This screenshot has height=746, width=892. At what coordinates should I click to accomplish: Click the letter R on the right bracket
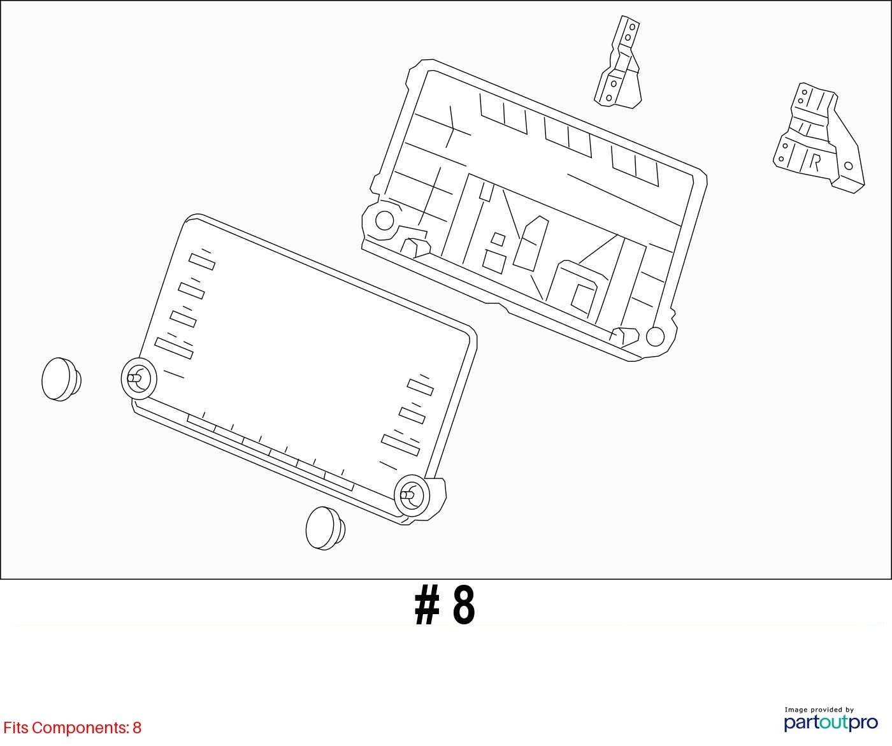[x=815, y=163]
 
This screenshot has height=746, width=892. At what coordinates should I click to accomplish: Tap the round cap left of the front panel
[x=62, y=380]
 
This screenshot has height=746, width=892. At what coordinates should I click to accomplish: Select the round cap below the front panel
[x=326, y=529]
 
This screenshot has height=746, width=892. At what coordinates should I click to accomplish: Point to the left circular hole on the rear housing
[x=384, y=220]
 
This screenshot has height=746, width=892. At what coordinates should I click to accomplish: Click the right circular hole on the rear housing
[x=655, y=336]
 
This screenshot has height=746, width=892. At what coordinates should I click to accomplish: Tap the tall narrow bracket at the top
[x=619, y=62]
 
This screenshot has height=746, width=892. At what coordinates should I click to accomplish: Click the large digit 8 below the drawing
[x=464, y=605]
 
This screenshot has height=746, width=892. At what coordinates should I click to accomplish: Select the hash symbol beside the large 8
[x=427, y=605]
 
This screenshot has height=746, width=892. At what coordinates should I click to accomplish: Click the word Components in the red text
[x=80, y=728]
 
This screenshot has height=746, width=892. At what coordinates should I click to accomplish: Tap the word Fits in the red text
[x=16, y=728]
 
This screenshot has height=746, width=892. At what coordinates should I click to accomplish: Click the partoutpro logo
[x=831, y=723]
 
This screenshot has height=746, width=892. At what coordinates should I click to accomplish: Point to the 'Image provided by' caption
[x=819, y=710]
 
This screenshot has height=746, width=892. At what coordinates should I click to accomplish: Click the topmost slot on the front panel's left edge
[x=201, y=261]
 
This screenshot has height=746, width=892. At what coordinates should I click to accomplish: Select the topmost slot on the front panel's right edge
[x=420, y=387]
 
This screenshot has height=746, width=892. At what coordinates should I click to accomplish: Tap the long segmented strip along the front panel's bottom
[x=270, y=452]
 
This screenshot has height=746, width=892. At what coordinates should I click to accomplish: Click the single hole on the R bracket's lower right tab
[x=849, y=166]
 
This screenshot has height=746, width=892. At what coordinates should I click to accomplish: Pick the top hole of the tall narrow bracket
[x=632, y=27]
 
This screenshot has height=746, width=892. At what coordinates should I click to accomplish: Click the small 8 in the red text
[x=137, y=728]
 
